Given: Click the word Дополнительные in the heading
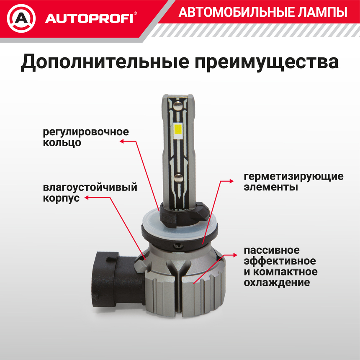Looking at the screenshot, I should [104, 62].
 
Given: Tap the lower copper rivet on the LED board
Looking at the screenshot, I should [179, 177].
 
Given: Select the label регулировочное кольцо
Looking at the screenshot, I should [86, 137].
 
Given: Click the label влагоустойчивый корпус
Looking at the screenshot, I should [90, 192].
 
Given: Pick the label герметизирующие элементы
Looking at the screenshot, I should [293, 181].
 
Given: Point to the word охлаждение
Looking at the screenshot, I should [277, 283].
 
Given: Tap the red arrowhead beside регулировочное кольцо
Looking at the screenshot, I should [122, 141].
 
